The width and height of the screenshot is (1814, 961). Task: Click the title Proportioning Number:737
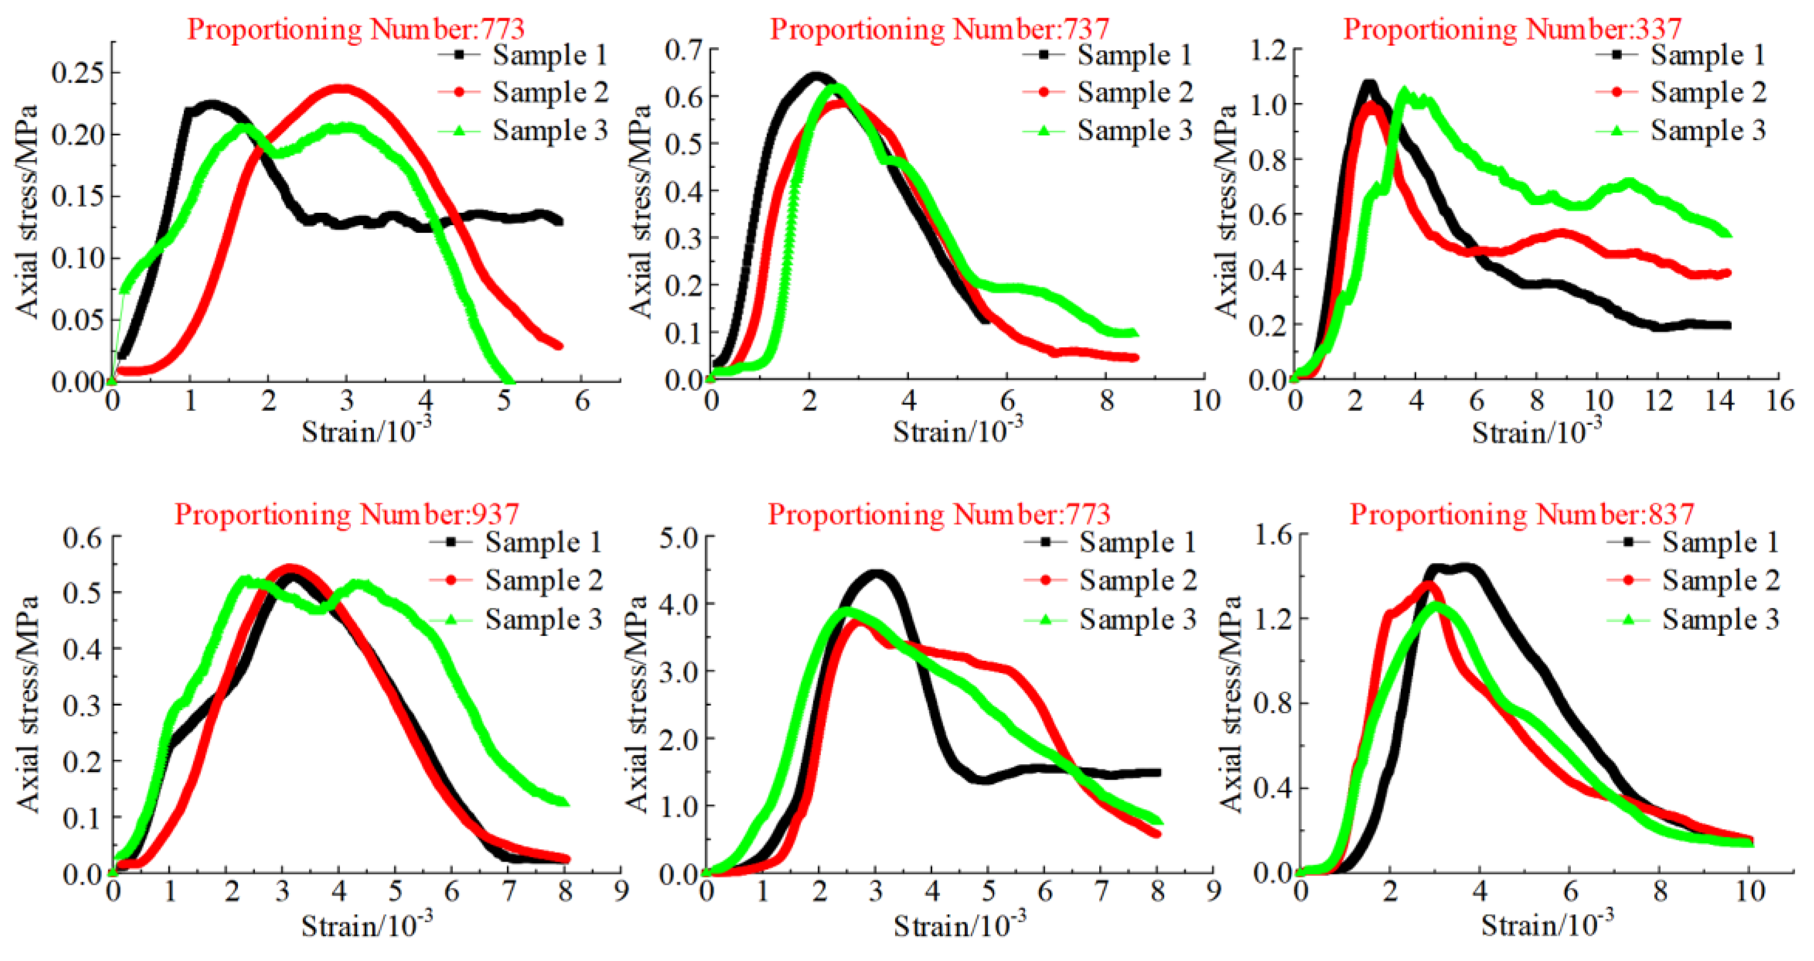point(939,29)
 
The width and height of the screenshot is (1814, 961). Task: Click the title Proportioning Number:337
point(1513,29)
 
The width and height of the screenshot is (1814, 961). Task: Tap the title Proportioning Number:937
point(347,514)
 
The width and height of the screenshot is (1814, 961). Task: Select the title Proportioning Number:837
point(1521,514)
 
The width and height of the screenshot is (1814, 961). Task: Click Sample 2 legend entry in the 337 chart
point(1708,92)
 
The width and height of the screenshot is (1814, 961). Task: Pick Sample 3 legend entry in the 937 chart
point(542,620)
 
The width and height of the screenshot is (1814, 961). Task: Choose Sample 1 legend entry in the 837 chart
point(1720,542)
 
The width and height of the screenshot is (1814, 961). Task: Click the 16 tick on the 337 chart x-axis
point(1779,401)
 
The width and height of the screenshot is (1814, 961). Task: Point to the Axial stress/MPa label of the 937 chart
point(28,704)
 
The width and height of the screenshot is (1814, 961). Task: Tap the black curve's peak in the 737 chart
point(815,75)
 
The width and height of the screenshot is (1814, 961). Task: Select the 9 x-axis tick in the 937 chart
point(621,892)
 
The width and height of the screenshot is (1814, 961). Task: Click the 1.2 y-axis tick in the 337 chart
point(1268,50)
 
